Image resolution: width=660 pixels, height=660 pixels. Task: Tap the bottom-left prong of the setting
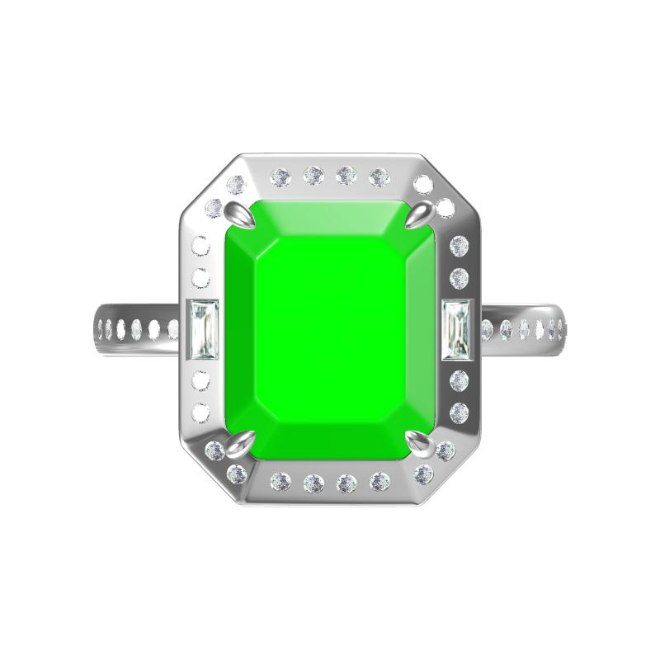pos(238,447)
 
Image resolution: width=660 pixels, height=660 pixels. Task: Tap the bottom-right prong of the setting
pos(422,446)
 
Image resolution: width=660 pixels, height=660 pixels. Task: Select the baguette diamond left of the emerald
pos(202,330)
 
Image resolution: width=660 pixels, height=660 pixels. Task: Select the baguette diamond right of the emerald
pos(456,330)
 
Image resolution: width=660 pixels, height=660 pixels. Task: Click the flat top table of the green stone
pos(330,330)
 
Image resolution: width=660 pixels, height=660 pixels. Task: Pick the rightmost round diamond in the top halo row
pos(379,176)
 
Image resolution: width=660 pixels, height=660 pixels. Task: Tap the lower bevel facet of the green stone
pos(330,441)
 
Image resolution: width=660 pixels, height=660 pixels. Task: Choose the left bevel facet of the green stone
pos(240,330)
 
